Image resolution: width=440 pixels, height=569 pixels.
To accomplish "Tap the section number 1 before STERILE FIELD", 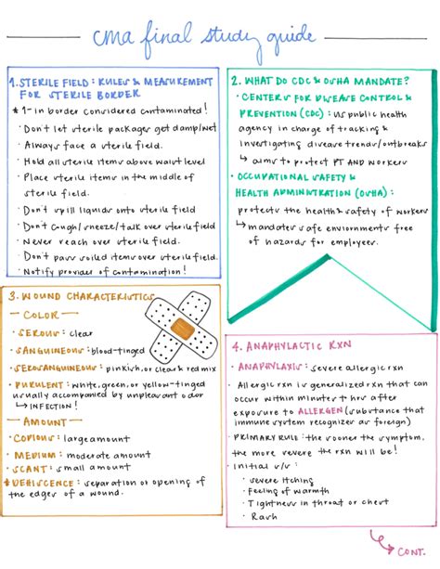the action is (14, 83).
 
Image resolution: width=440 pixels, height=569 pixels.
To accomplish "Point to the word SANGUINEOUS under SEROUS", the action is (54, 350).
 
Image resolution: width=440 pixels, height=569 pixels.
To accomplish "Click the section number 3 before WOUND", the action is (13, 295).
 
